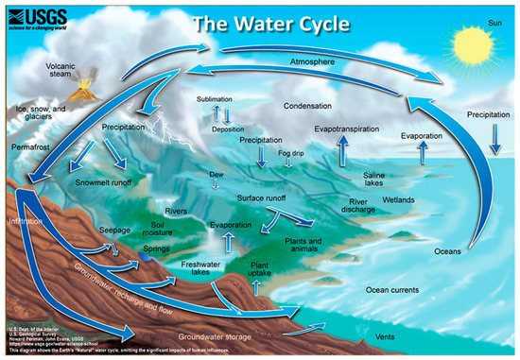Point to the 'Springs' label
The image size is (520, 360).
coord(156,249)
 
